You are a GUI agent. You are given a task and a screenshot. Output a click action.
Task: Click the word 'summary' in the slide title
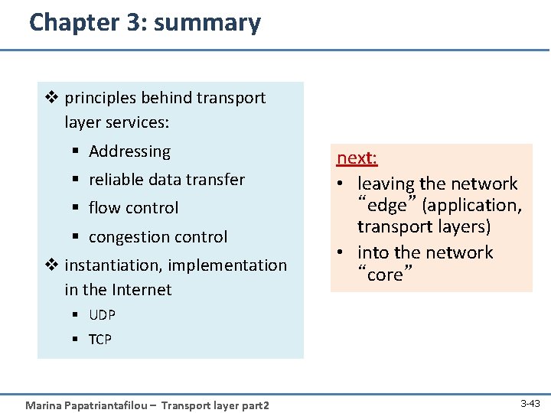(x=207, y=23)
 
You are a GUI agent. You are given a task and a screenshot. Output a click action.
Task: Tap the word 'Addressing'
(x=129, y=151)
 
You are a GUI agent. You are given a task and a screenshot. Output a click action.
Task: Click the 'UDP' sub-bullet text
(x=102, y=315)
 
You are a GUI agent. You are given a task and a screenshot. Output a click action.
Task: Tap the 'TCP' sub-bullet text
(x=100, y=340)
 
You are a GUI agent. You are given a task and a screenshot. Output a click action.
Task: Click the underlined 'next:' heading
(x=357, y=158)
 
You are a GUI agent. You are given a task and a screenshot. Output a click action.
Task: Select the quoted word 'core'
(x=385, y=275)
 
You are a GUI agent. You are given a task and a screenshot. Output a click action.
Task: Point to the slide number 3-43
(x=530, y=402)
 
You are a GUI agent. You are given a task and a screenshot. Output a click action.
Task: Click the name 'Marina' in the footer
(x=45, y=405)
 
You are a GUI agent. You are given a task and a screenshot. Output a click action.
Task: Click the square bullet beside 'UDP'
(x=78, y=315)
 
